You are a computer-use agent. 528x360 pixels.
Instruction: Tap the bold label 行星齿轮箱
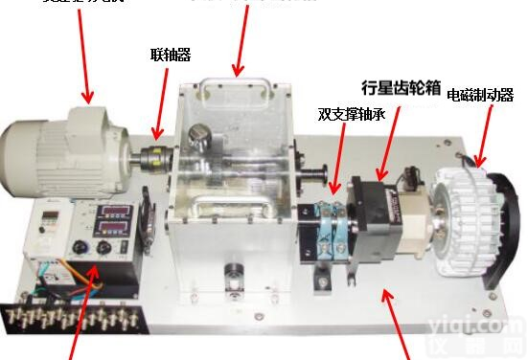click(x=401, y=89)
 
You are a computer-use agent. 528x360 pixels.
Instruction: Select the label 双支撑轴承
click(x=352, y=115)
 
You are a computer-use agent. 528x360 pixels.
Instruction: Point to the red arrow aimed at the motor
click(x=77, y=53)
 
